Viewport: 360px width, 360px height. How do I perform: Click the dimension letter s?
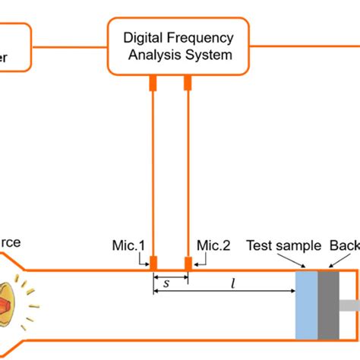point(166,283)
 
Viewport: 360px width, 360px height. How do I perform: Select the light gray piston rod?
point(349,305)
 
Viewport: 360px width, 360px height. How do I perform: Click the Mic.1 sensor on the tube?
point(153,263)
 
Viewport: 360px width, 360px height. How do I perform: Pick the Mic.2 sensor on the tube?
point(188,263)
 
